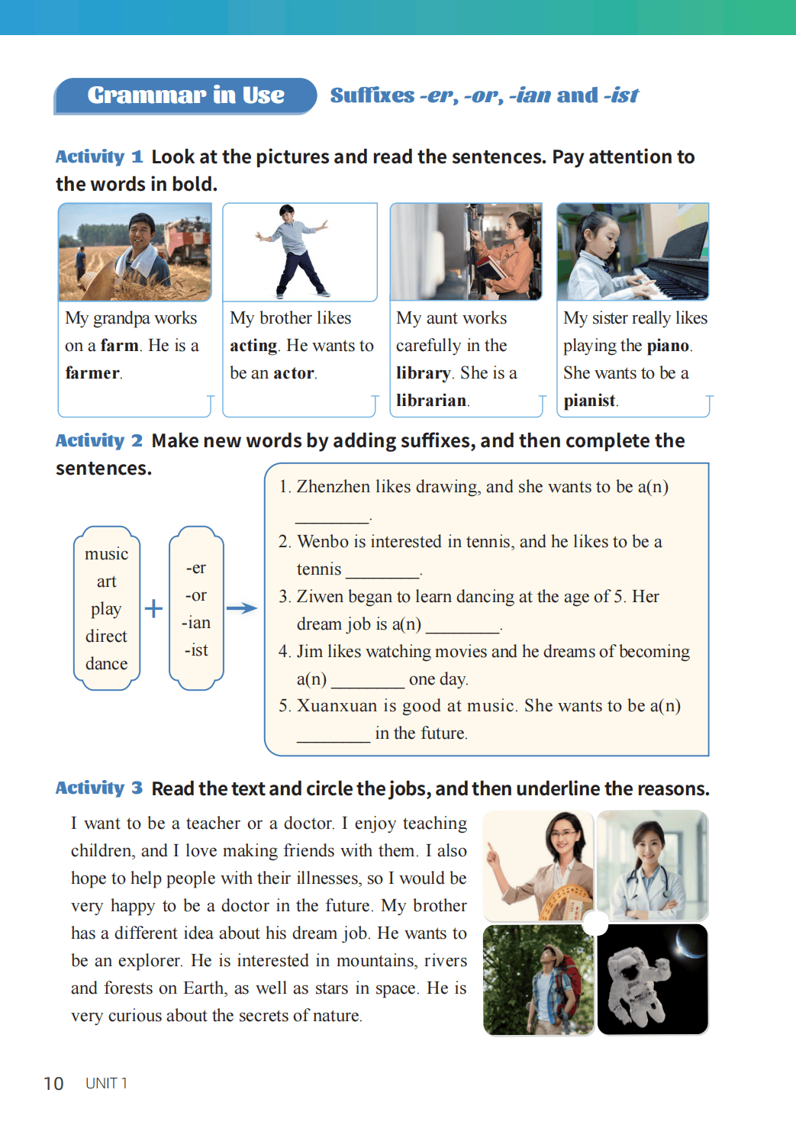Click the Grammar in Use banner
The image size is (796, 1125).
tap(185, 95)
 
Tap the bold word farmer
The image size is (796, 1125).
tap(92, 373)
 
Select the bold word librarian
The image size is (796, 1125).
tap(431, 401)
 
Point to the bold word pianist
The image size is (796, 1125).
tap(589, 401)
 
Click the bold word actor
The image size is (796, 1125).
tap(294, 373)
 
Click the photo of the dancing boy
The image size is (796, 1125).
tap(299, 252)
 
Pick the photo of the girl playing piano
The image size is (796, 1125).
tap(633, 252)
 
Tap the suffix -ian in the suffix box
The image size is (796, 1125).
tap(196, 623)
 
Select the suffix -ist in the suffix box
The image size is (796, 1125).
tap(196, 650)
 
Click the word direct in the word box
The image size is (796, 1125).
tap(106, 637)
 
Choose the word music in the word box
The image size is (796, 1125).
tap(106, 554)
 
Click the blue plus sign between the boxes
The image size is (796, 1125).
tap(153, 608)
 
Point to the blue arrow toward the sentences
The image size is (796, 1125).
tap(242, 608)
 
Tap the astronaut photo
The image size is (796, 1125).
tap(653, 979)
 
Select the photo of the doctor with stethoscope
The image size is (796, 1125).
tap(653, 866)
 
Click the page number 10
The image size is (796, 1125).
tap(53, 1084)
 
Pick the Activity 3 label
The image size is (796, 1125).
tap(98, 788)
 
